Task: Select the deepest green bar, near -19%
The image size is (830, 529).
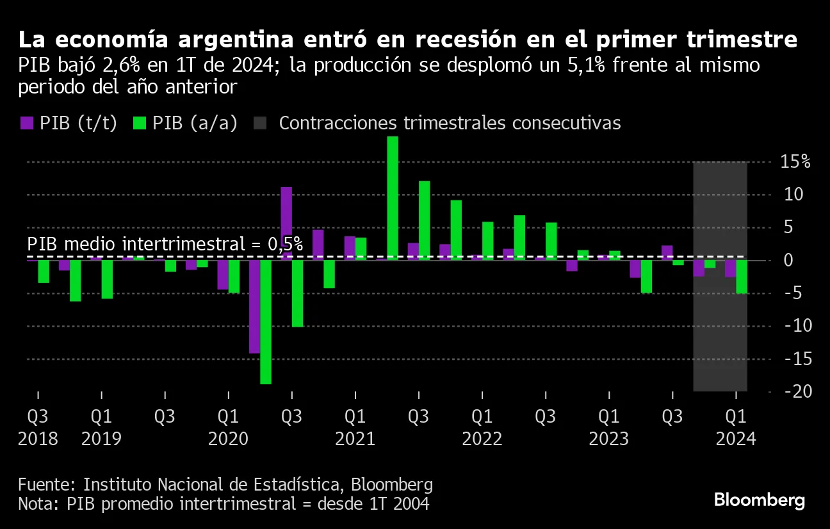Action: [x=266, y=321]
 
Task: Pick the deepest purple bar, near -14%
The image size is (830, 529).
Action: [x=254, y=306]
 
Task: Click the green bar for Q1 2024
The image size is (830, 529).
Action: [x=742, y=276]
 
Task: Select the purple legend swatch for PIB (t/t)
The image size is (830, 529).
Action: [x=26, y=124]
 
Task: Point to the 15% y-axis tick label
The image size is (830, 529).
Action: [x=795, y=161]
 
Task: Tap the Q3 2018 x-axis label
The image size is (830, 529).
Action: [x=37, y=417]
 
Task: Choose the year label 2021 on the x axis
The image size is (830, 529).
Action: [x=355, y=439]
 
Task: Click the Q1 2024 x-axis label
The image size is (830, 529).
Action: [x=735, y=417]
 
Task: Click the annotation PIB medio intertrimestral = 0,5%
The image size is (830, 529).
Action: [x=165, y=245]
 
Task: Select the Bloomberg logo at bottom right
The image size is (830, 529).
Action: [x=759, y=500]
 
